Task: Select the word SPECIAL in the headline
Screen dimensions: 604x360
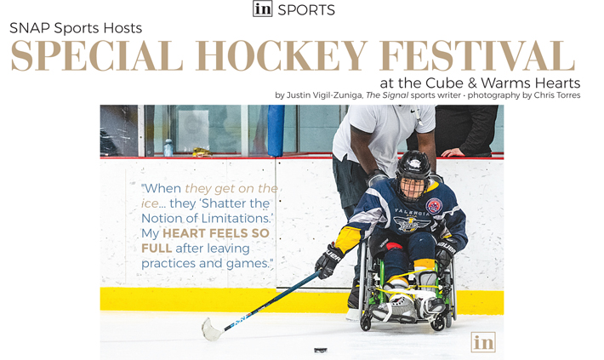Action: [97, 56]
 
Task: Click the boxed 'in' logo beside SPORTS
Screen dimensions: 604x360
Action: [263, 9]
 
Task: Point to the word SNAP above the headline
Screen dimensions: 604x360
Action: [30, 28]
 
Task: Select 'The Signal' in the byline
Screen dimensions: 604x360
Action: [387, 95]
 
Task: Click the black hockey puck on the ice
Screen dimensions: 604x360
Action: [321, 350]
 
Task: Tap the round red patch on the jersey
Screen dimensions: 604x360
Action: [434, 206]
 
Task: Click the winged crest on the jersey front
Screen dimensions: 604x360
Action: [412, 224]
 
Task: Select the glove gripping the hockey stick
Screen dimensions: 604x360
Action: [328, 261]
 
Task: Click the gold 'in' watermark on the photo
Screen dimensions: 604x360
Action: [483, 342]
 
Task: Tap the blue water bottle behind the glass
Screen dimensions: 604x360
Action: [168, 147]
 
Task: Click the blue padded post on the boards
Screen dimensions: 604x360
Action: [276, 131]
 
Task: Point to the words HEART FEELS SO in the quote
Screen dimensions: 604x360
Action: [216, 233]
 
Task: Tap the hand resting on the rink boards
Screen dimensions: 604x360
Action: [453, 152]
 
